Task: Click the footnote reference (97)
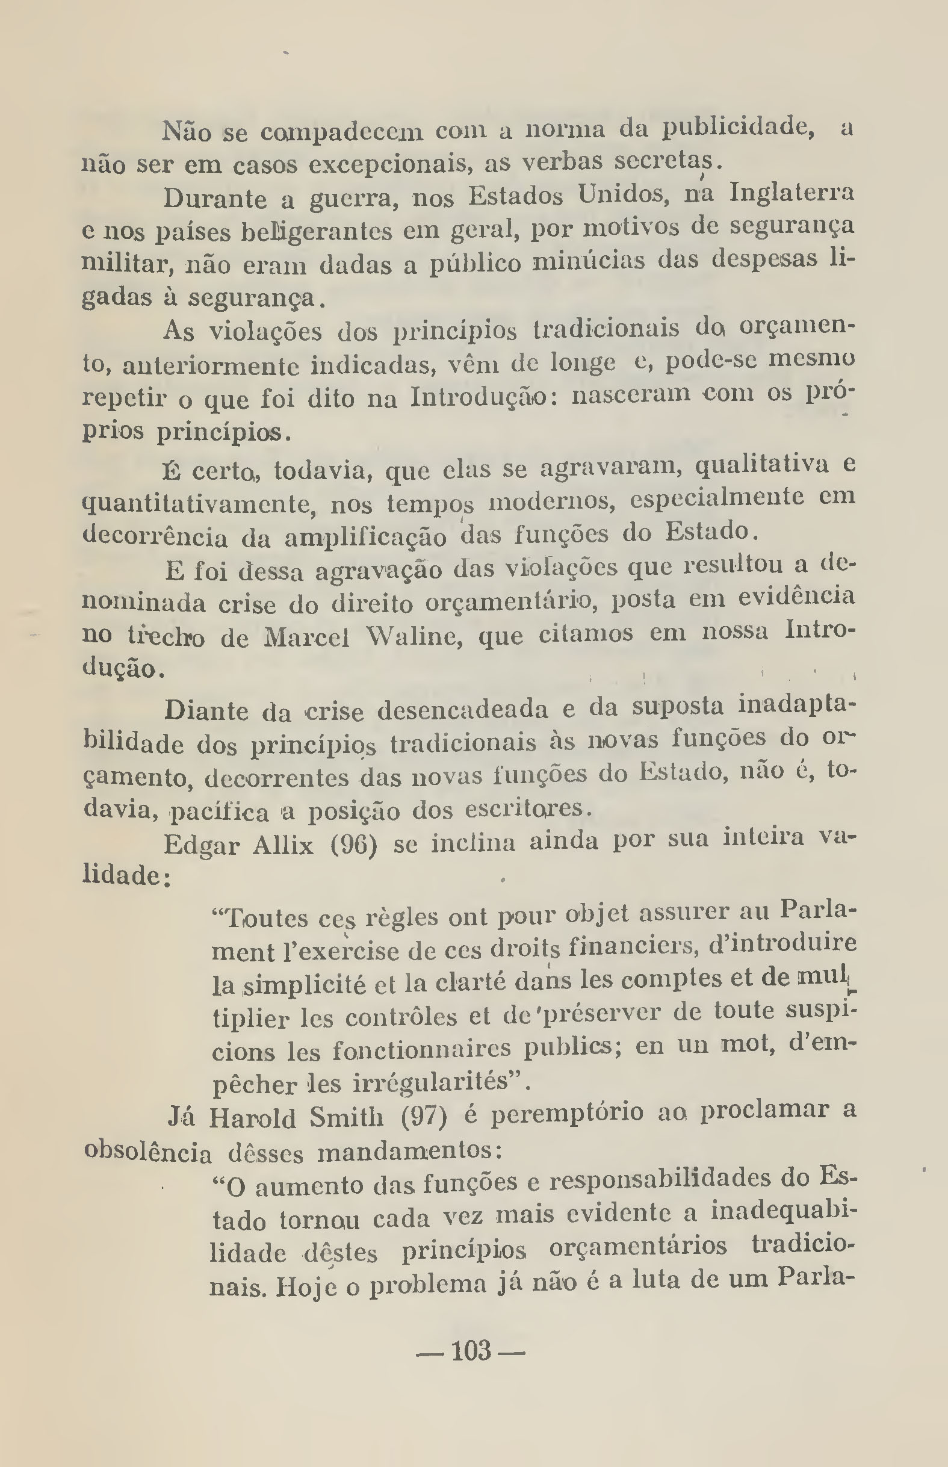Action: pyautogui.click(x=424, y=1116)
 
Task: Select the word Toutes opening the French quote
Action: pyautogui.click(x=259, y=918)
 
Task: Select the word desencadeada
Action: pyautogui.click(x=462, y=710)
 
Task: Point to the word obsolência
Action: pyautogui.click(x=147, y=1150)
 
